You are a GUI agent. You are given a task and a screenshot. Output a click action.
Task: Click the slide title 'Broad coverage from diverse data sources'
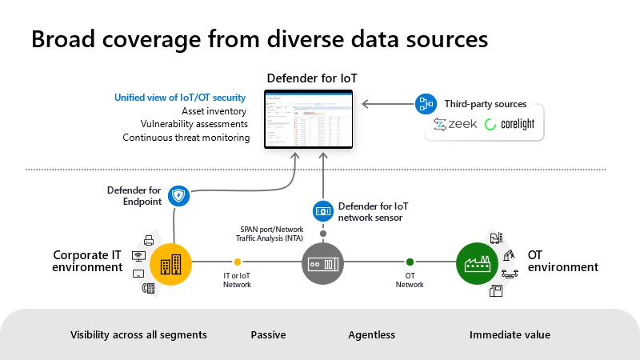259,40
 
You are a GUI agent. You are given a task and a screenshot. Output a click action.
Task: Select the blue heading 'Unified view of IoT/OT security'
180,98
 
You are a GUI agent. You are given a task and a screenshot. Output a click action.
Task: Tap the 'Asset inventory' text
214,111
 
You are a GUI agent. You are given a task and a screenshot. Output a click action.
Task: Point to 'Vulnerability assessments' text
194,124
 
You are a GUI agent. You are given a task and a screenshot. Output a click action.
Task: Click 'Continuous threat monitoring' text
186,138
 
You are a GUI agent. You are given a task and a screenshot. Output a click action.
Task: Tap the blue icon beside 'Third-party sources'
423,104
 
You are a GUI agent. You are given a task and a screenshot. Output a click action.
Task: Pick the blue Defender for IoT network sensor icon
322,211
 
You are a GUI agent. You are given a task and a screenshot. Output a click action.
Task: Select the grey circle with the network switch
322,262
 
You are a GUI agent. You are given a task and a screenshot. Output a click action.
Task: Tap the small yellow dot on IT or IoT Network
237,262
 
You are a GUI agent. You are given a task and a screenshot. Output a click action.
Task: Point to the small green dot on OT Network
410,262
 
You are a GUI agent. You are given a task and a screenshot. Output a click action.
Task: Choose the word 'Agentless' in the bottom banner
371,335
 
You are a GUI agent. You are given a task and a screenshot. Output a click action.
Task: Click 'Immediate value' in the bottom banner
510,335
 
